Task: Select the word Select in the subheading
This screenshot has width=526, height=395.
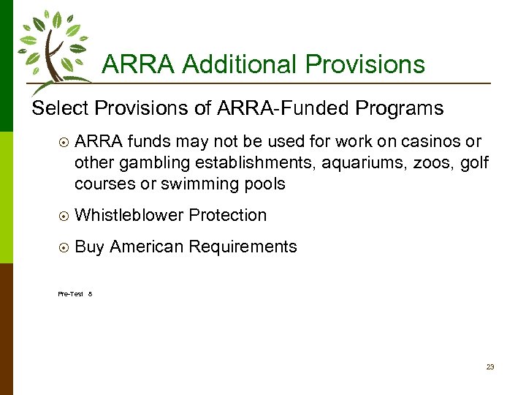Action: click(x=59, y=108)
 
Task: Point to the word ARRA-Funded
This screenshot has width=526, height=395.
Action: click(x=283, y=108)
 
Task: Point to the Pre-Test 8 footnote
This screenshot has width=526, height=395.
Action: click(x=75, y=294)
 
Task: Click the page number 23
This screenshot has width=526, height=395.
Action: click(x=490, y=367)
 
